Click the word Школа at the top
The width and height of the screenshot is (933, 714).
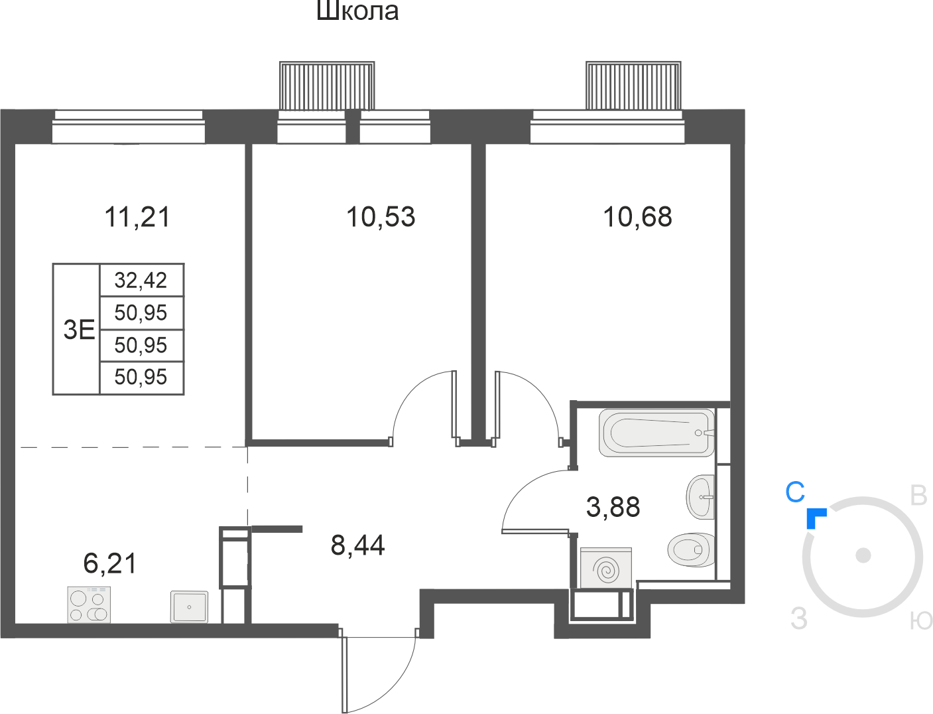pyautogui.click(x=357, y=11)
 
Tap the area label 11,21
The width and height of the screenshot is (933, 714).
pyautogui.click(x=137, y=217)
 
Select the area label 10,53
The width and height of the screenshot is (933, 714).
pyautogui.click(x=381, y=216)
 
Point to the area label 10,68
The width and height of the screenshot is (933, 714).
pyautogui.click(x=638, y=216)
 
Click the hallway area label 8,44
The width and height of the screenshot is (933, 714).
pyautogui.click(x=358, y=545)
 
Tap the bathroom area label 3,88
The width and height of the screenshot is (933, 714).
pyautogui.click(x=613, y=507)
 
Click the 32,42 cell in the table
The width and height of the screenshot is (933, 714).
pyautogui.click(x=141, y=280)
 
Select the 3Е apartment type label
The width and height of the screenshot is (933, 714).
pyautogui.click(x=79, y=330)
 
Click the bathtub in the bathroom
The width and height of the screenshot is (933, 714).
pyautogui.click(x=656, y=433)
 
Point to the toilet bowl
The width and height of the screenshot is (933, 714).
pyautogui.click(x=691, y=550)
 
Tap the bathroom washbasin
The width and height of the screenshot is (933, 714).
pyautogui.click(x=700, y=497)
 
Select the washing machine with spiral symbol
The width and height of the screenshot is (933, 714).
pyautogui.click(x=606, y=568)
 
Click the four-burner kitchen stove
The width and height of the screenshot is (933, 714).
pyautogui.click(x=89, y=605)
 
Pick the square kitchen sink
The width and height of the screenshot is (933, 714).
pyautogui.click(x=189, y=607)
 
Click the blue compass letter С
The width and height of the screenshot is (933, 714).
pyautogui.click(x=795, y=492)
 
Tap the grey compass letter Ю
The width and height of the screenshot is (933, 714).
pyautogui.click(x=921, y=620)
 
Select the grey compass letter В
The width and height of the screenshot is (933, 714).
pyautogui.click(x=918, y=496)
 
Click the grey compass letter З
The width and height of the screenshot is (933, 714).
pyautogui.click(x=798, y=618)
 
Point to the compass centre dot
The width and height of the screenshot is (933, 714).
pyautogui.click(x=863, y=555)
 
